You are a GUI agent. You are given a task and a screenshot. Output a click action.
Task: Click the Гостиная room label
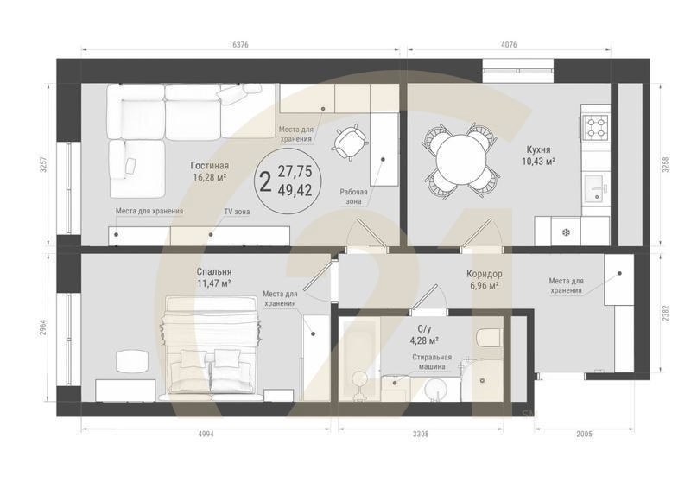(x=209, y=166)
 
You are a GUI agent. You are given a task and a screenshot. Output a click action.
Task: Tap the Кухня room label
(x=538, y=150)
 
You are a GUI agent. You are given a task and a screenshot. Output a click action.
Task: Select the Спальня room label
(x=214, y=272)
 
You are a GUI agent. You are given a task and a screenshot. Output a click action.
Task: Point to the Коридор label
(x=485, y=274)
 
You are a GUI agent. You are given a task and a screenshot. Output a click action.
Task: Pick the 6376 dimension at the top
(x=240, y=45)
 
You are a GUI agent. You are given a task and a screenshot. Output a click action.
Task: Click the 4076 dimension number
(x=509, y=45)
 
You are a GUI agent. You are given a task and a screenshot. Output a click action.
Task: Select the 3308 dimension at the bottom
(x=420, y=434)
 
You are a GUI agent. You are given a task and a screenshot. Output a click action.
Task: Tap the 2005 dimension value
(x=585, y=434)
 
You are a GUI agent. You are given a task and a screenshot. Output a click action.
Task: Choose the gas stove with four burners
(x=596, y=126)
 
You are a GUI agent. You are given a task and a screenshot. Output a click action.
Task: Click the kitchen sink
(x=597, y=188)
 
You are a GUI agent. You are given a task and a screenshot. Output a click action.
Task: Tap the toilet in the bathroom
(x=488, y=338)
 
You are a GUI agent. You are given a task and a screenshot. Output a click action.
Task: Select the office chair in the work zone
(x=351, y=142)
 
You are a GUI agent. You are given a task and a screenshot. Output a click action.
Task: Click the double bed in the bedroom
(x=212, y=345)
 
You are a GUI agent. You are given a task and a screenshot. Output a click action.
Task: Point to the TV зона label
(x=237, y=212)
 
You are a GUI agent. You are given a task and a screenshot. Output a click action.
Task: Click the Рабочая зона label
(x=353, y=197)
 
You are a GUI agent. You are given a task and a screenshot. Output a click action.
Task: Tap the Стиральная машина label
(x=432, y=362)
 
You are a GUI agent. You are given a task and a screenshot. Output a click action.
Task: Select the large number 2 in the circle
(x=265, y=181)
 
